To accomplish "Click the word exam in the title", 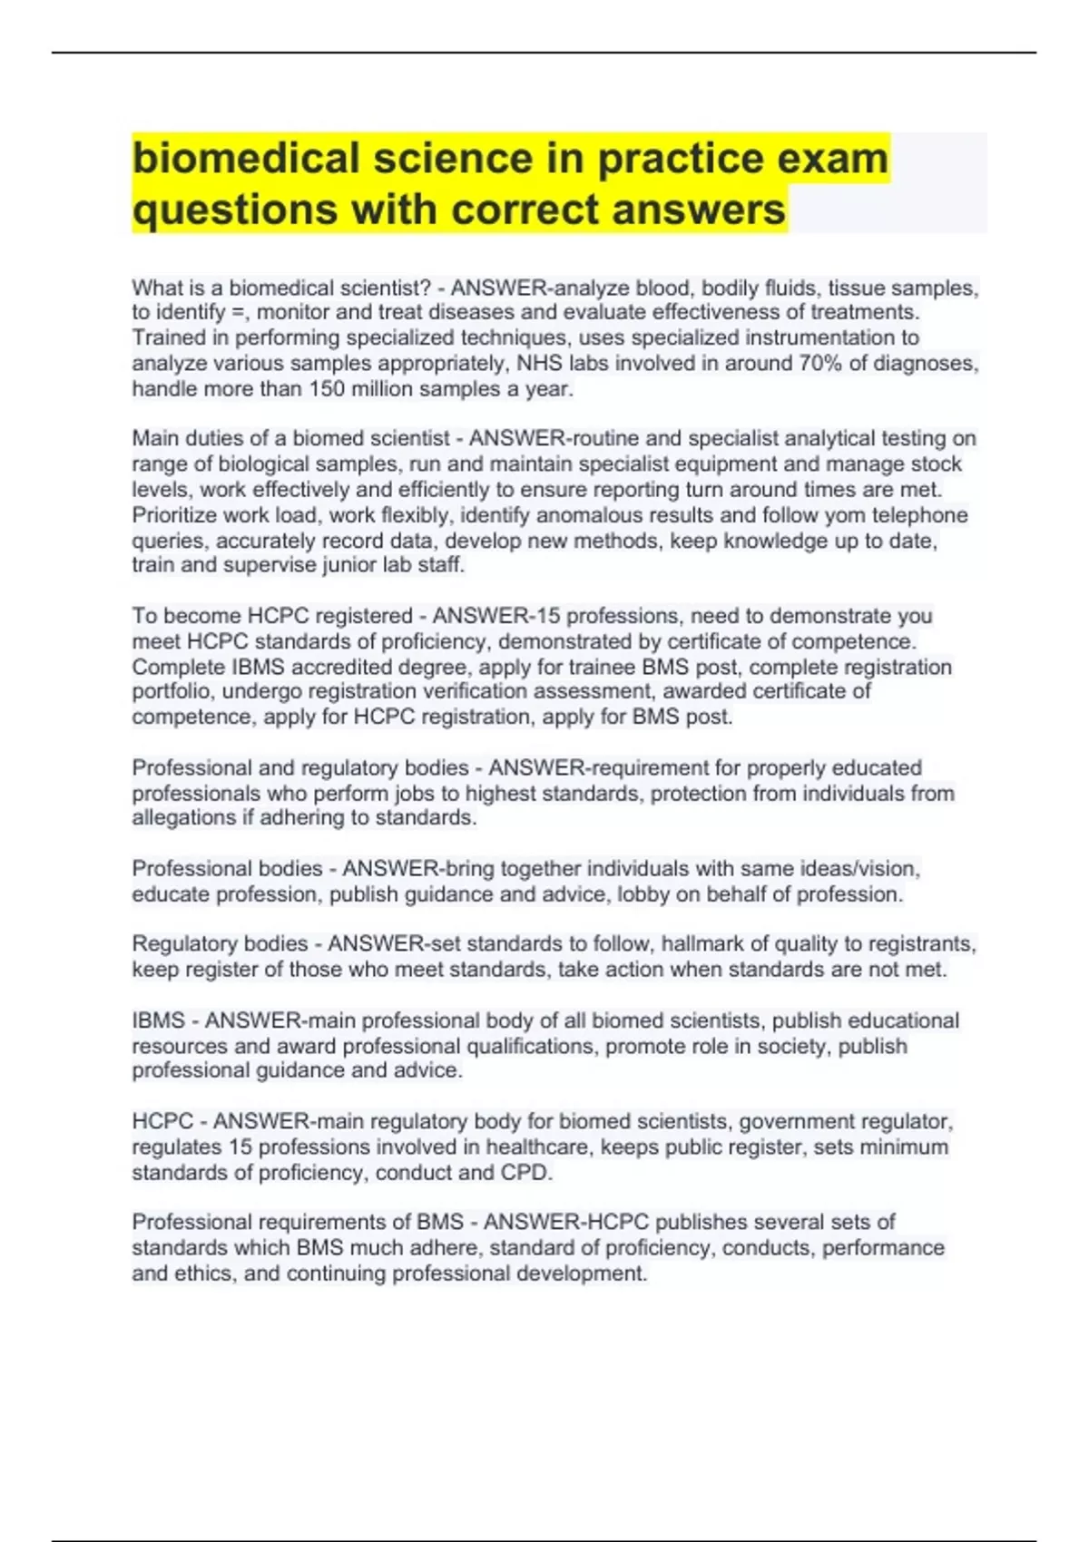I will pyautogui.click(x=831, y=158).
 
